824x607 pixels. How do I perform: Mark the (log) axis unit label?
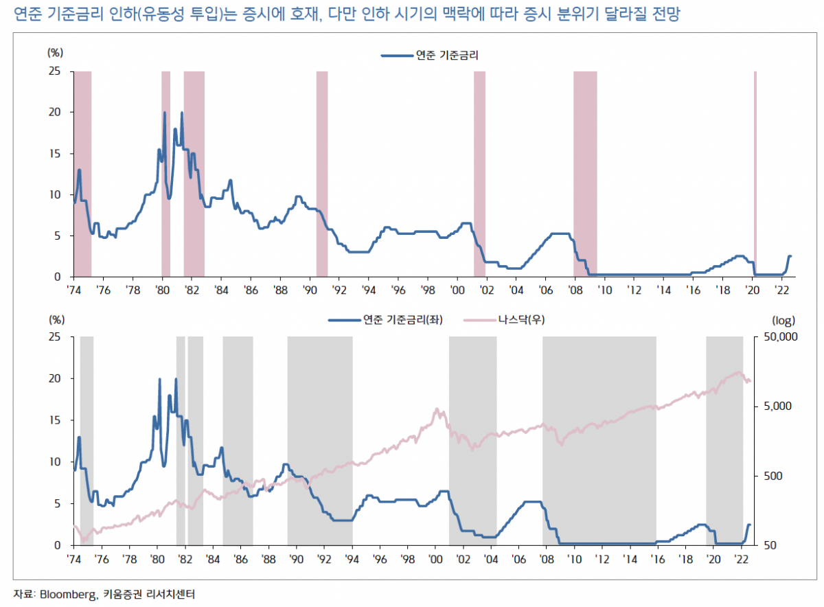point(783,320)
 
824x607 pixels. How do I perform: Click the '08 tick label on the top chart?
point(575,290)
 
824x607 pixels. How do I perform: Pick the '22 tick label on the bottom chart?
point(741,559)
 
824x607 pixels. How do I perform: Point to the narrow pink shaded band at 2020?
point(755,172)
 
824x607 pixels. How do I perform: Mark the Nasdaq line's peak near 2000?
point(437,409)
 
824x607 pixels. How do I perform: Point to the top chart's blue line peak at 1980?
point(164,113)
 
